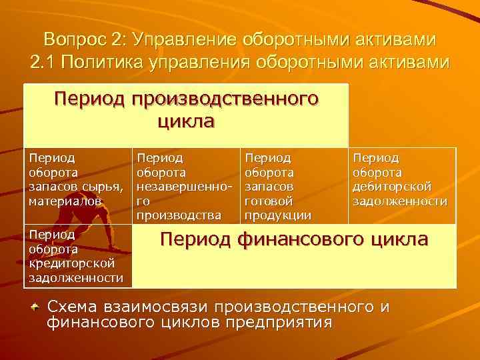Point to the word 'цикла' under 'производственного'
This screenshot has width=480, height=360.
186,122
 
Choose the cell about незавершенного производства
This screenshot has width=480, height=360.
185,186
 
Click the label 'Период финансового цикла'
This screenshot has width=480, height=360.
293,239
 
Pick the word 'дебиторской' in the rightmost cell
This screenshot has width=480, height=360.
392,185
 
